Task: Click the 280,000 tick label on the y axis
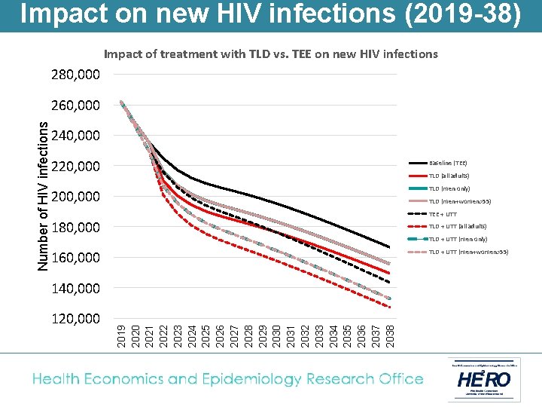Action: (75, 75)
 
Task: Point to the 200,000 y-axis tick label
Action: (75, 197)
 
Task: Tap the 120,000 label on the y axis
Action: (75, 319)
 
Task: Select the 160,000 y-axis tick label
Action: (75, 258)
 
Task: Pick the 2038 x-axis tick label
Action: (389, 336)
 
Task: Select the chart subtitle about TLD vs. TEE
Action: (270, 54)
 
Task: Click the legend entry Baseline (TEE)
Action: (448, 163)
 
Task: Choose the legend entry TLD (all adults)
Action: (449, 176)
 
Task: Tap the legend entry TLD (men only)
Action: (449, 188)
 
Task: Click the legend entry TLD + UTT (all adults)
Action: (457, 226)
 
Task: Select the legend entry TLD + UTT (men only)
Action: (457, 239)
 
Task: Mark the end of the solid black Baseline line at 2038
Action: (389, 247)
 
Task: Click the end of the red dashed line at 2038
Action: (389, 307)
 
